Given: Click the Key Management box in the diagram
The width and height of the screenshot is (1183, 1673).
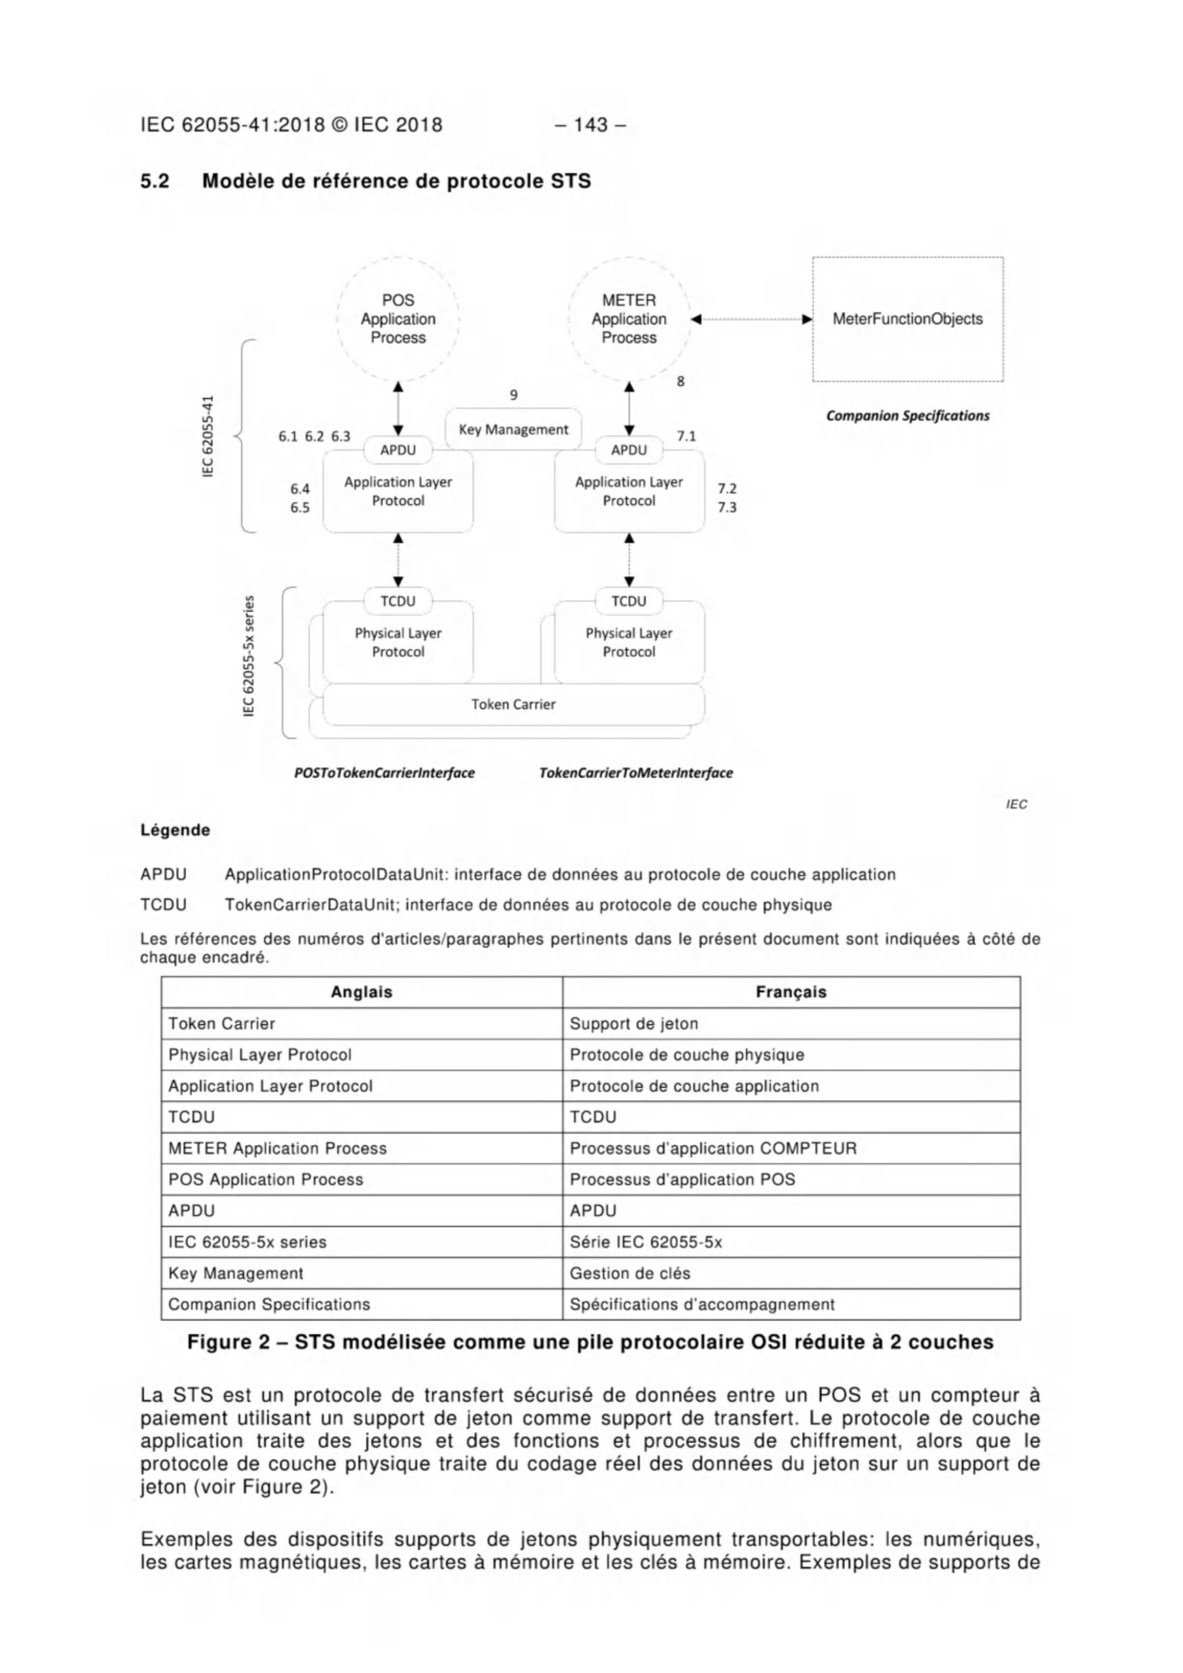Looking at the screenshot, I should pyautogui.click(x=513, y=429).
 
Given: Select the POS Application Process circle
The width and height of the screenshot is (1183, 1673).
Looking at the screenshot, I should pyautogui.click(x=398, y=319).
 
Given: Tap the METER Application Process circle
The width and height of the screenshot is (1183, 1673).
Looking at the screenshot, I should pyautogui.click(x=628, y=319).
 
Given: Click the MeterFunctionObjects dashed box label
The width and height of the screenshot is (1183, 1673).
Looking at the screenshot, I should pyautogui.click(x=908, y=319).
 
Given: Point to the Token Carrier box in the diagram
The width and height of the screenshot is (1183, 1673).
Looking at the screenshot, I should pyautogui.click(x=513, y=704).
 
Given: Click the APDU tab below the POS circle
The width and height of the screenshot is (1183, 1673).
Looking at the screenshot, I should pyautogui.click(x=398, y=450).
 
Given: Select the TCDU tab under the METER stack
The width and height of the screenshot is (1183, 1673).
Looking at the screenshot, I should pyautogui.click(x=628, y=601).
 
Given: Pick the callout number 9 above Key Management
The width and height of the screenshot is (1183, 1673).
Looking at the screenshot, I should pyautogui.click(x=514, y=395).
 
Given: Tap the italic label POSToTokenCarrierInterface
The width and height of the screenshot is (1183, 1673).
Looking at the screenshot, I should pyautogui.click(x=384, y=772).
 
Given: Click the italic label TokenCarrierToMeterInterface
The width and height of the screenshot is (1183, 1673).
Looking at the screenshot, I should pyautogui.click(x=636, y=772).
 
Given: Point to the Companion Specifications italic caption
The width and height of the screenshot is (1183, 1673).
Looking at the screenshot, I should pyautogui.click(x=908, y=415).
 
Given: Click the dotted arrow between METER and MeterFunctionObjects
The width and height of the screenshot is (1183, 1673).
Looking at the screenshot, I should pyautogui.click(x=751, y=319).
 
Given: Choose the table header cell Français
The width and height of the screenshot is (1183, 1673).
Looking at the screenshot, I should pyautogui.click(x=791, y=992).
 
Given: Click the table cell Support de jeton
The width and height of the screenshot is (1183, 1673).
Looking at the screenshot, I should pyautogui.click(x=634, y=1023).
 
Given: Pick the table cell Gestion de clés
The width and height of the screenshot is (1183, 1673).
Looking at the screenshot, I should pyautogui.click(x=630, y=1273).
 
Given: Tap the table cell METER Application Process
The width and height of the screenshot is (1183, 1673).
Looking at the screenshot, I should pyautogui.click(x=277, y=1148).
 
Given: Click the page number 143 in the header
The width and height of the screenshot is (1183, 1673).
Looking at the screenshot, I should pyautogui.click(x=591, y=125).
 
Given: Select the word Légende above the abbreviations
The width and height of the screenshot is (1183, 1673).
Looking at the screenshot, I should pyautogui.click(x=175, y=830).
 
